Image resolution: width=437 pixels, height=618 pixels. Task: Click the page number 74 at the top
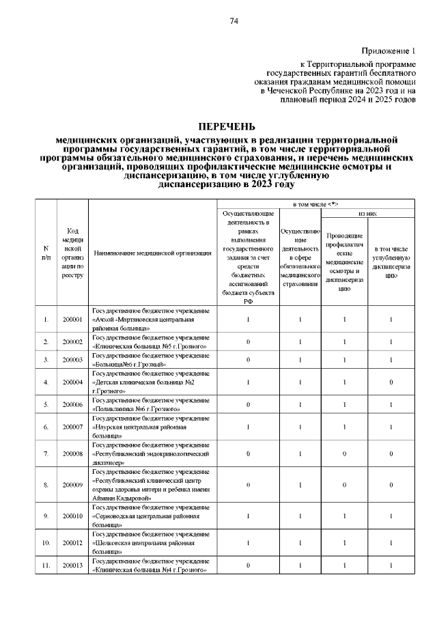click(234, 21)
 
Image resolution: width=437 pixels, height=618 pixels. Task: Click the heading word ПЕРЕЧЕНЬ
click(226, 127)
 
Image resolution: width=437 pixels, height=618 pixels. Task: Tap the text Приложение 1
click(388, 52)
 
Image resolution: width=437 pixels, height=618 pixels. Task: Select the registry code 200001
click(72, 319)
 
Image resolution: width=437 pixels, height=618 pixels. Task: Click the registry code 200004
click(72, 382)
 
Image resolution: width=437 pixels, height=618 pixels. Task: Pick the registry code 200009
click(72, 485)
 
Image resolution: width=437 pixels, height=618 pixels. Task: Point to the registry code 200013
click(72, 565)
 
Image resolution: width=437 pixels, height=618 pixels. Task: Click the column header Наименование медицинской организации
click(152, 253)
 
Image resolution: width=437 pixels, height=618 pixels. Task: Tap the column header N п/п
click(46, 253)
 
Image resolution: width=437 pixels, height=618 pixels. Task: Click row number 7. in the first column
click(46, 453)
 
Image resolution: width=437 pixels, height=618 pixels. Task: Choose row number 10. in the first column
click(46, 544)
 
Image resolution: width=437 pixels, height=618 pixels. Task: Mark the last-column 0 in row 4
click(391, 382)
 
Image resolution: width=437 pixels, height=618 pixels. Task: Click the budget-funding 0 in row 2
click(248, 341)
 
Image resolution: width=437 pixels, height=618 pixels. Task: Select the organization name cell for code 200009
click(151, 485)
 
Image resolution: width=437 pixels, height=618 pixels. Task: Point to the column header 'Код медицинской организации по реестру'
click(72, 253)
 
